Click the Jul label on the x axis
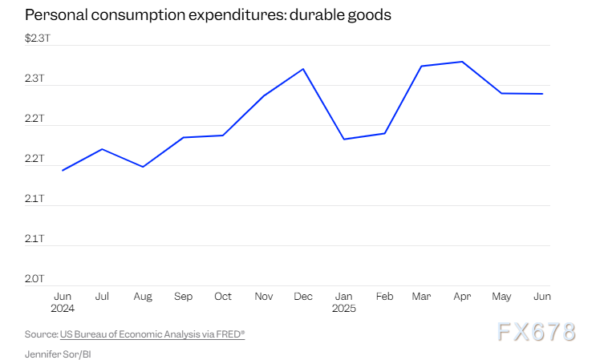click(x=102, y=297)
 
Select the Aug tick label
click(x=143, y=297)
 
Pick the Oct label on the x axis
click(x=223, y=297)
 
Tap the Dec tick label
click(x=303, y=297)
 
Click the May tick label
click(x=502, y=297)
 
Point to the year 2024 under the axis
click(x=63, y=308)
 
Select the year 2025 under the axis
click(x=344, y=308)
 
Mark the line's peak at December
click(x=303, y=69)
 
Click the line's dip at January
click(x=343, y=140)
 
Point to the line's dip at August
click(x=143, y=167)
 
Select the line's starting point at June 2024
click(x=63, y=170)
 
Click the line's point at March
click(x=423, y=66)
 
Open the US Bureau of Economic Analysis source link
click(x=152, y=334)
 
